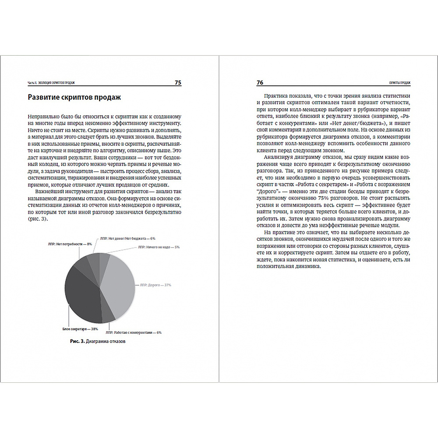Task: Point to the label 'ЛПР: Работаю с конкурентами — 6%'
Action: point(134,332)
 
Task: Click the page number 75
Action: point(178,82)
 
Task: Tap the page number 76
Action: point(259,82)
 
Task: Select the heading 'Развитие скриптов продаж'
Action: point(74,98)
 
